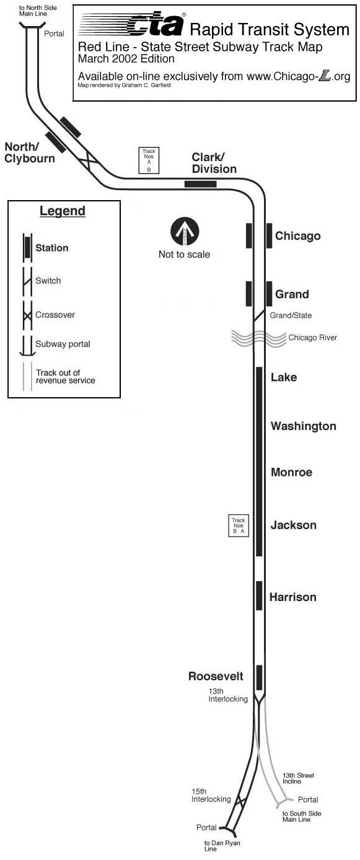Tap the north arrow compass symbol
pos(185,232)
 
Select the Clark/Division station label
pos(214,163)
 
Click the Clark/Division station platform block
pos(200,184)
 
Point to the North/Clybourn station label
pos(30,152)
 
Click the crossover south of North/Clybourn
pos(89,160)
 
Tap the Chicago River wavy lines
pos(258,338)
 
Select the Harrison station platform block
pos(260,595)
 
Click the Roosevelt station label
pos(216,676)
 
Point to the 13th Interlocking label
pos(228,695)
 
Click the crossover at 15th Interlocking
pos(240,802)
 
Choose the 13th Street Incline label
pos(298,778)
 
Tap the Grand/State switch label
pos(291,315)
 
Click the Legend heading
pos(63,211)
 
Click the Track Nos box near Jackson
pos(239,525)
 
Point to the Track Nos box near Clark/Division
pos(149,160)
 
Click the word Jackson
pos(294,525)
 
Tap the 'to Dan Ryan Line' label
pos(222,846)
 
